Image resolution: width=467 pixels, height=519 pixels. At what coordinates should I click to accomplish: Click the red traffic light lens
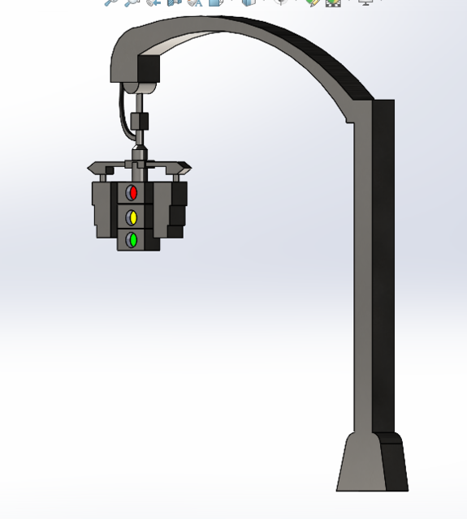(x=132, y=193)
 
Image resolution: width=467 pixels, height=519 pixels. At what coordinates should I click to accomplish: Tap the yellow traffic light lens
(x=132, y=217)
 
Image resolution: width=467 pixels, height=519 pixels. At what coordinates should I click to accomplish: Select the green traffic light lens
(x=132, y=240)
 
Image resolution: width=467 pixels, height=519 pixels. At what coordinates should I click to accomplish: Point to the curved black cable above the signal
(x=123, y=109)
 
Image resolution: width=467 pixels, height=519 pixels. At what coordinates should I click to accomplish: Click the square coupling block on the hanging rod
(x=141, y=122)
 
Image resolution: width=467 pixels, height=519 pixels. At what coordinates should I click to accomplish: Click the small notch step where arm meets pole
(x=350, y=121)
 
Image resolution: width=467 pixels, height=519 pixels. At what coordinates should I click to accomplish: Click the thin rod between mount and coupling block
(x=140, y=103)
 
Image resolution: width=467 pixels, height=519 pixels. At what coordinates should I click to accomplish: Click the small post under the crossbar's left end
(x=103, y=177)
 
